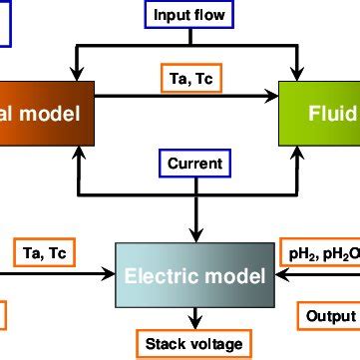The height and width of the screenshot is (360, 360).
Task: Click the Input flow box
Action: [189, 15]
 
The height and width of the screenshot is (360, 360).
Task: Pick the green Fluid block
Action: [320, 114]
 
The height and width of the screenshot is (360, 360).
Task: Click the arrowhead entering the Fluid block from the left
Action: [274, 97]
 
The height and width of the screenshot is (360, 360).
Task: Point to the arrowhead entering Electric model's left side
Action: [112, 276]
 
